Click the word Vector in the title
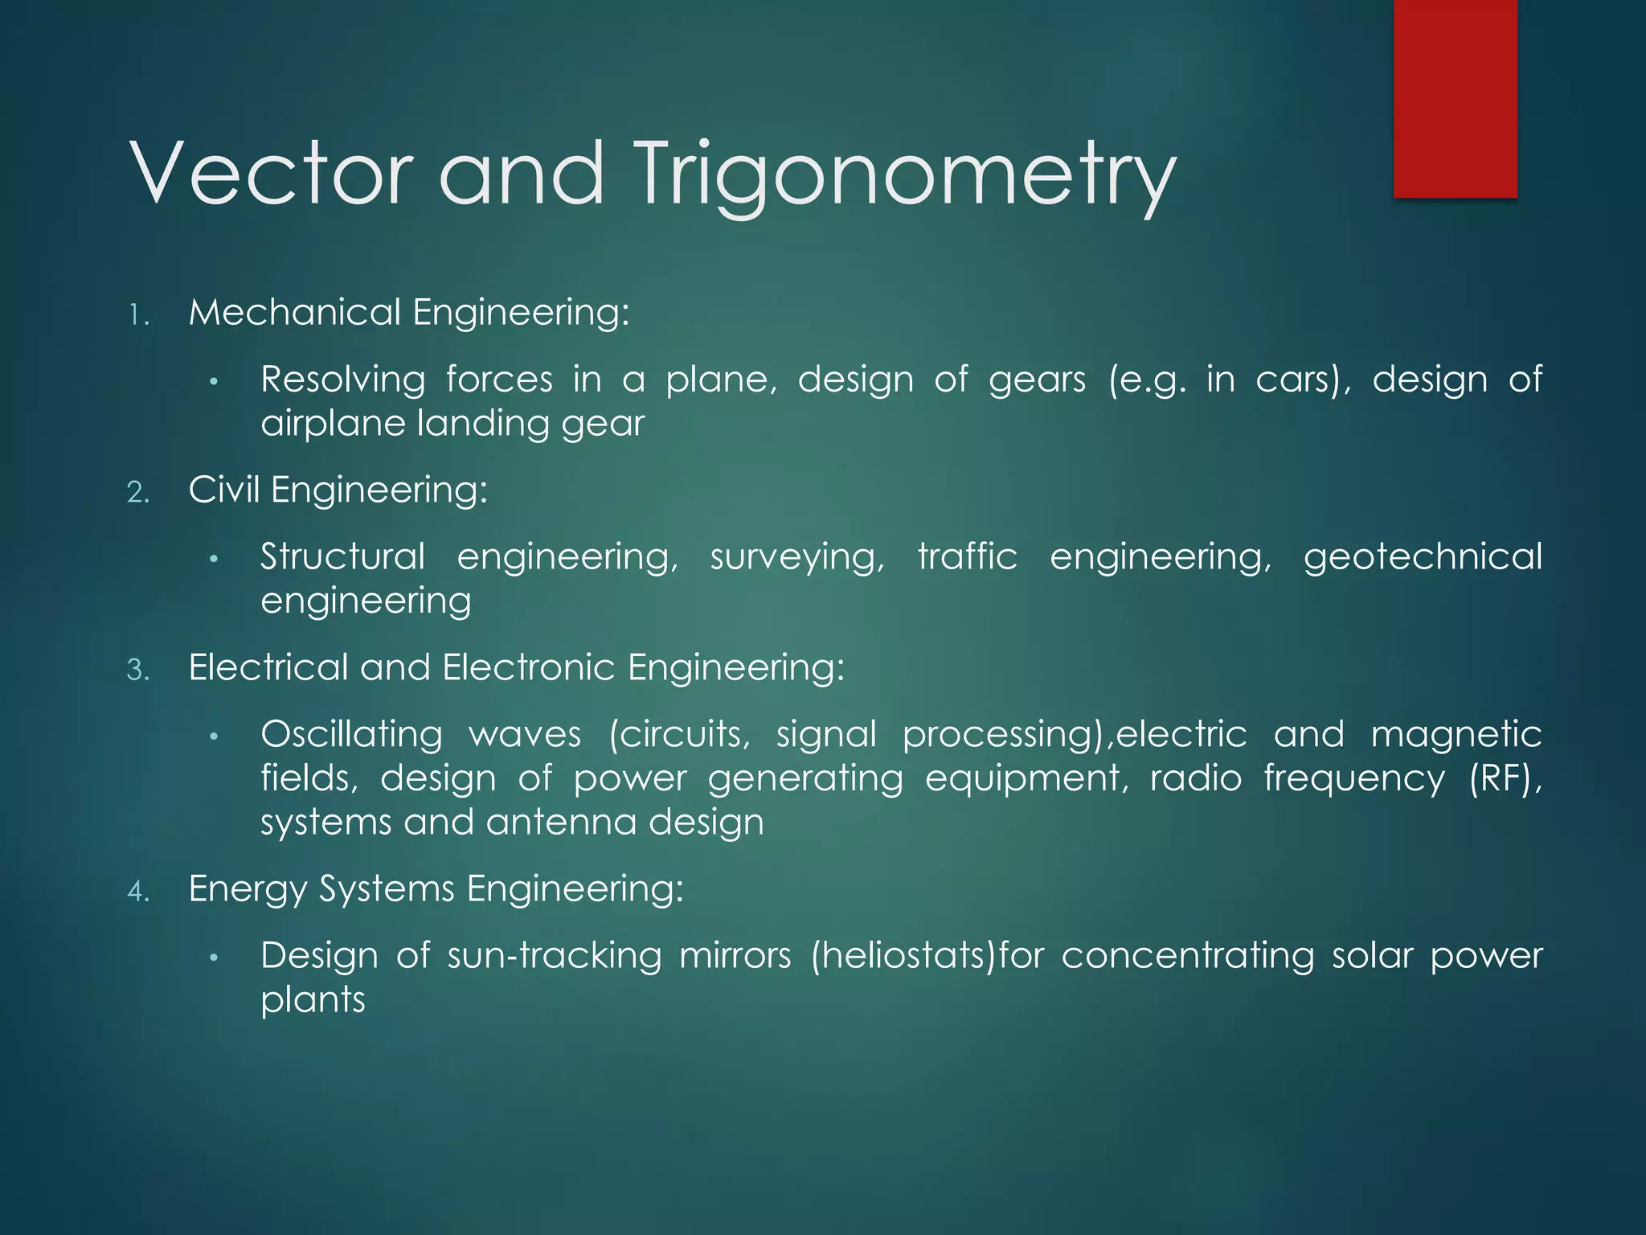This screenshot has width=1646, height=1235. [271, 173]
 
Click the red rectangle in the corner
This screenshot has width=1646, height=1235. [1455, 98]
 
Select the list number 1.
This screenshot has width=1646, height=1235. [138, 315]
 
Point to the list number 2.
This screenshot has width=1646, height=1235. [138, 492]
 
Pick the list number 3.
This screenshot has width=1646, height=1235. [138, 670]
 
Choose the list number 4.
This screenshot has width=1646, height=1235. [138, 891]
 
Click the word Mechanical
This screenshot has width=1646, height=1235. [294, 312]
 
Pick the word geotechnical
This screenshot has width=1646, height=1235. [1423, 557]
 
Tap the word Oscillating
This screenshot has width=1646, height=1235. [351, 735]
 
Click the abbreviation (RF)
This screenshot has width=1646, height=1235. [1505, 779]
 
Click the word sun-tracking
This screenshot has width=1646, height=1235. [555, 956]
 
